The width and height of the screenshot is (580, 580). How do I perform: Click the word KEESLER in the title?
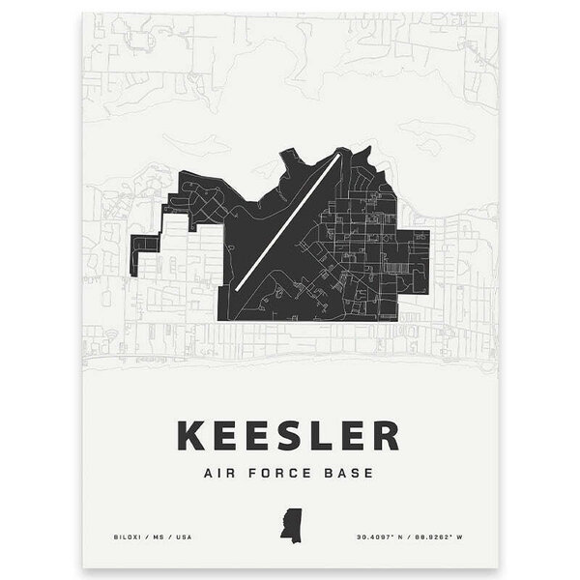[287, 435]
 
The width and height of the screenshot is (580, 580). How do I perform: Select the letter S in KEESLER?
[288, 435]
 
